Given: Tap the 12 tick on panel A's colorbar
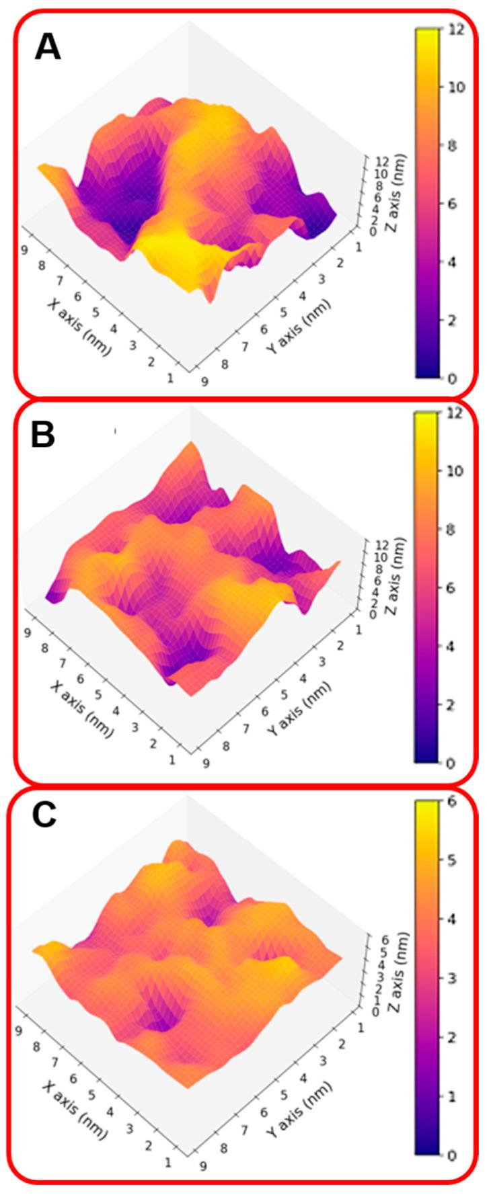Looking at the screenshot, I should click(454, 29).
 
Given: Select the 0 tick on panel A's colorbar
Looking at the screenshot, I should click(451, 378).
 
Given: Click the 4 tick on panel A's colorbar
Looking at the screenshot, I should click(451, 262).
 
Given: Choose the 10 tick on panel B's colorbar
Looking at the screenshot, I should click(454, 471).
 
